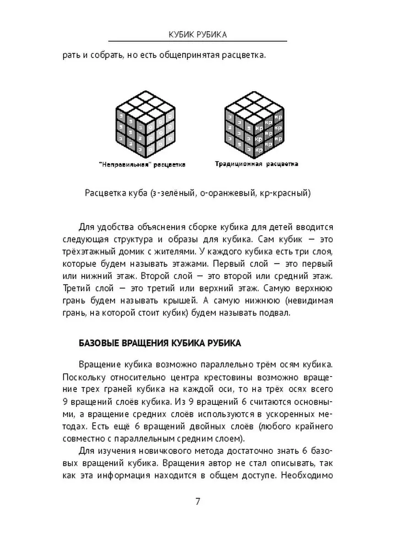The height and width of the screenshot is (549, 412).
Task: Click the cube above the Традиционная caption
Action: pyautogui.click(x=255, y=124)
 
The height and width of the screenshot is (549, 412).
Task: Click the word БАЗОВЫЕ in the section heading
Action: pyautogui.click(x=95, y=343)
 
